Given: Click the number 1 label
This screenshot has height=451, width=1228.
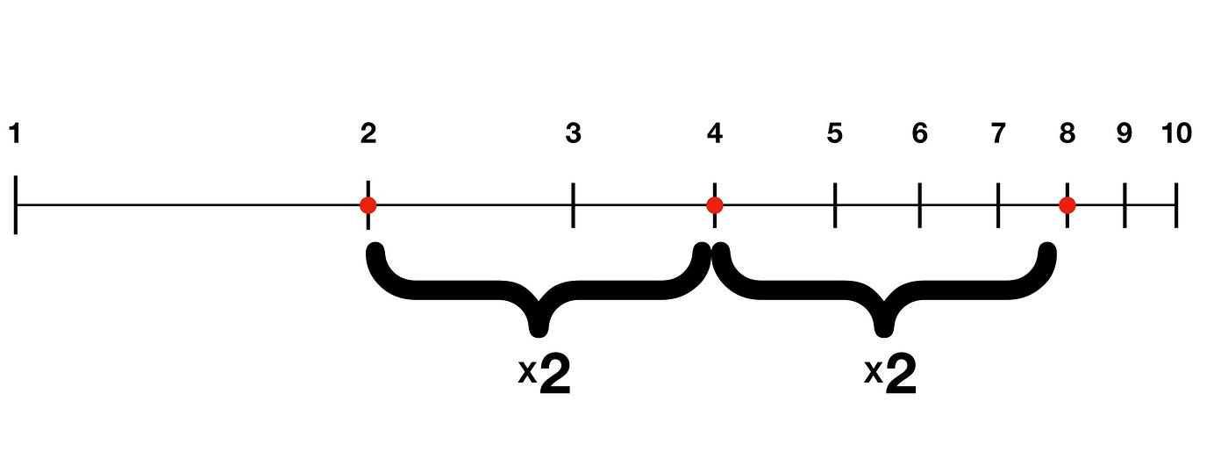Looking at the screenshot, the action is (15, 134).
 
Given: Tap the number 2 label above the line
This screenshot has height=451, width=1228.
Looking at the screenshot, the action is (368, 134).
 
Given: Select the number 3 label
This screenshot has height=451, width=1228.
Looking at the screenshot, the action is (573, 134).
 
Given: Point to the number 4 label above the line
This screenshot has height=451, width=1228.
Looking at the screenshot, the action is (715, 134).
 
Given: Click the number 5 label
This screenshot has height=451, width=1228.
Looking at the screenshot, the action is (834, 134).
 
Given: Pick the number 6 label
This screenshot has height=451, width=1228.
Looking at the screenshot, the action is (919, 134).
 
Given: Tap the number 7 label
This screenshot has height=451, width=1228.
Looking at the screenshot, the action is (998, 134).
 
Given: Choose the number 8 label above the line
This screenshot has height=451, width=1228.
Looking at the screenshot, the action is (1067, 134).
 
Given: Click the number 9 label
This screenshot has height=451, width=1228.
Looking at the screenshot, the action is (1124, 134).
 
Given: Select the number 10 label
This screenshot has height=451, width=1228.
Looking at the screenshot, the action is (1176, 134).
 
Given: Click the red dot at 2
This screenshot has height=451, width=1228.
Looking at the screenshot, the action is (368, 205).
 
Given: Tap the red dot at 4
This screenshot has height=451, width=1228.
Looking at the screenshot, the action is (714, 205).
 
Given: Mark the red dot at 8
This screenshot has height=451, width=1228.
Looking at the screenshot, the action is (1067, 205).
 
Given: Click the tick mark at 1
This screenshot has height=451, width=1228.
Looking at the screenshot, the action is (16, 205).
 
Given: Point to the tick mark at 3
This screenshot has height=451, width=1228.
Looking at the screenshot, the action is (573, 205).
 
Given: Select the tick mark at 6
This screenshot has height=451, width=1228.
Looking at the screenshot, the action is (919, 205).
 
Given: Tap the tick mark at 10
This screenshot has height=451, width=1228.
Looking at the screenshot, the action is (1176, 205).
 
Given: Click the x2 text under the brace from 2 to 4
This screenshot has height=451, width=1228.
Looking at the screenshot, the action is (545, 376).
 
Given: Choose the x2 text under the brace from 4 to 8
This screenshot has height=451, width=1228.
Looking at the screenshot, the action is (890, 376).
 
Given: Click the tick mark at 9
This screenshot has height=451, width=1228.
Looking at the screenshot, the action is (1124, 205).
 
